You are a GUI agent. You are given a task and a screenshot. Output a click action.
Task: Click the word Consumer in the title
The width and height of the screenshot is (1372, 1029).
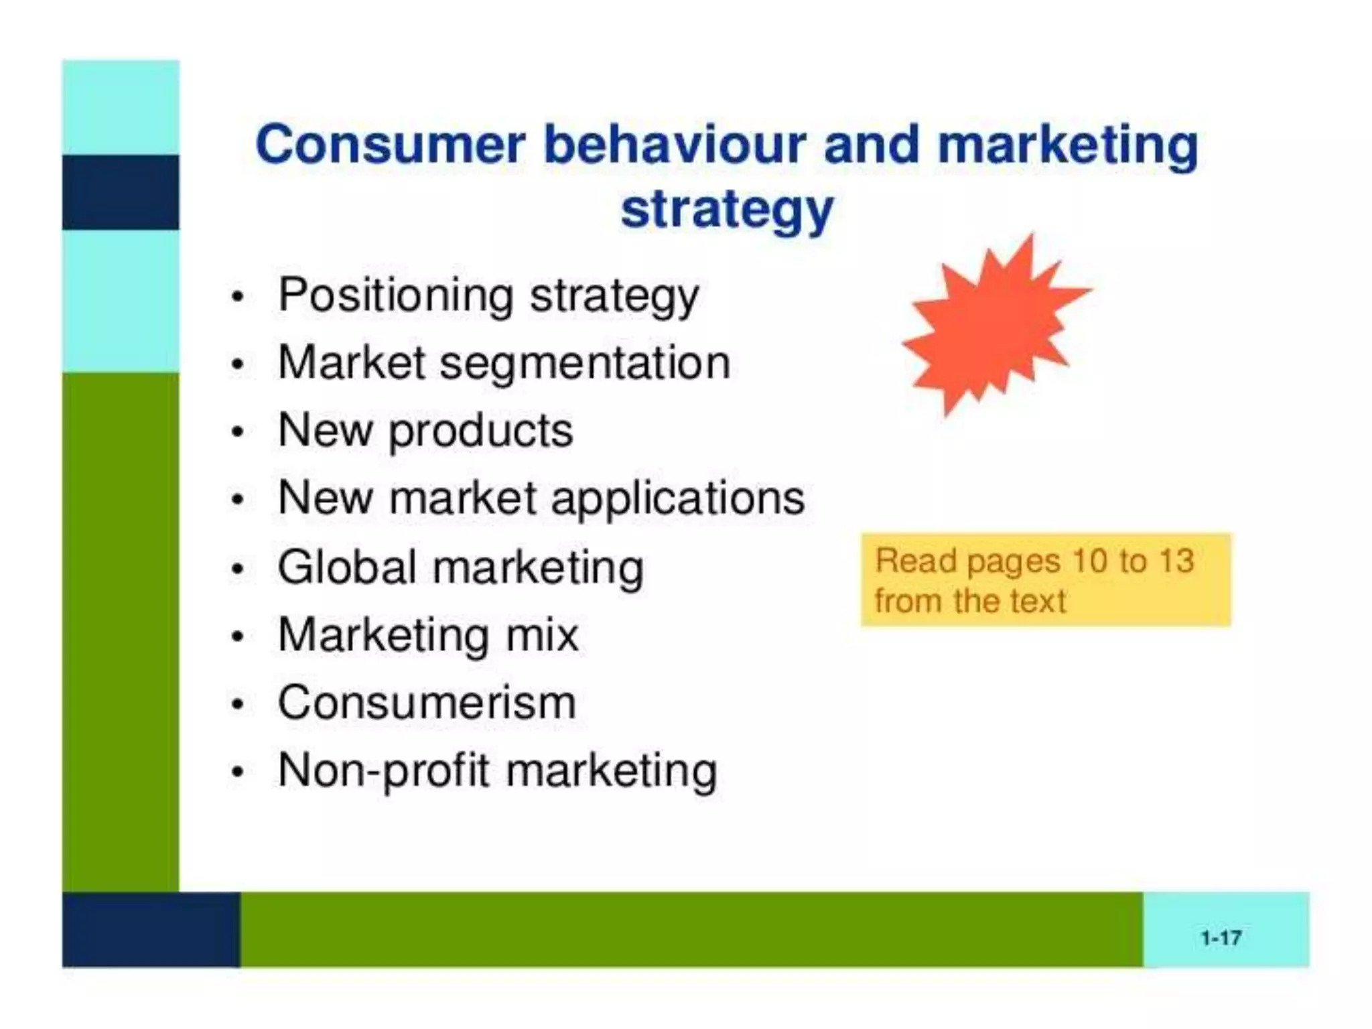[x=390, y=145]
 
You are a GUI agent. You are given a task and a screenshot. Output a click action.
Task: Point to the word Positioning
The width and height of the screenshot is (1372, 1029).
[x=395, y=295]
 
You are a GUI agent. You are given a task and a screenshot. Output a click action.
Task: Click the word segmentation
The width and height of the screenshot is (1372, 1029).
[x=584, y=364]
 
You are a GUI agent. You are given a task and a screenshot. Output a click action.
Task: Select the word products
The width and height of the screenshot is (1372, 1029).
[x=480, y=431]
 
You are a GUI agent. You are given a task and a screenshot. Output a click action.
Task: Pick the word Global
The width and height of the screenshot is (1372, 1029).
[x=348, y=567]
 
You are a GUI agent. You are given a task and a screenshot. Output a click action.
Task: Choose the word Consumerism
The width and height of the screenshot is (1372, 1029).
[x=427, y=703]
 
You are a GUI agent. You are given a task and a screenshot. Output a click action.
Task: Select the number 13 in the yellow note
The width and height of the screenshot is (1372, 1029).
[x=1177, y=561]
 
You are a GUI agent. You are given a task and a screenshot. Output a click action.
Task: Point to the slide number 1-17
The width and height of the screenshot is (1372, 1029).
[x=1221, y=937]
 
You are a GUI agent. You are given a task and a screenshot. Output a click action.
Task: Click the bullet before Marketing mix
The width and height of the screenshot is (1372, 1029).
[x=236, y=636]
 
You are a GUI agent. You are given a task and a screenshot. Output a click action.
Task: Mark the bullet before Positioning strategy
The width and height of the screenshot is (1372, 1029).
[x=236, y=297]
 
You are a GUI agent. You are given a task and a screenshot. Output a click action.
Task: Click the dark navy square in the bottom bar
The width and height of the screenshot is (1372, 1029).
[x=151, y=929]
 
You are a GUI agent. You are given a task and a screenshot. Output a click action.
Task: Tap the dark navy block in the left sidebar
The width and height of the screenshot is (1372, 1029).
[x=121, y=192]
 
